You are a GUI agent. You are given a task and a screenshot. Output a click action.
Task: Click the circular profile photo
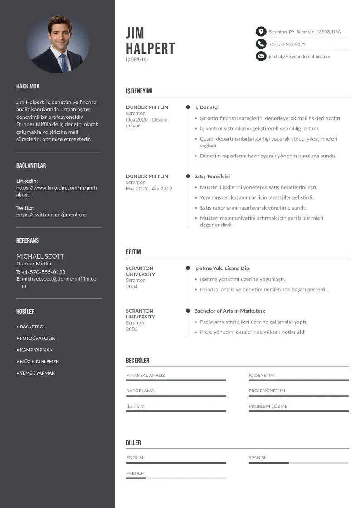[x=58, y=44]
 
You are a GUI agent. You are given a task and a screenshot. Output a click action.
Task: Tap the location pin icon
[x=261, y=32]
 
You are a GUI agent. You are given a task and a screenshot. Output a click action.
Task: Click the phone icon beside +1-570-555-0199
[x=261, y=44]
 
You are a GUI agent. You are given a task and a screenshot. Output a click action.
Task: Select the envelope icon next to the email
[x=261, y=56]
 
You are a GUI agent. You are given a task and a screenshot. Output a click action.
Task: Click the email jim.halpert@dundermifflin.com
[x=299, y=57]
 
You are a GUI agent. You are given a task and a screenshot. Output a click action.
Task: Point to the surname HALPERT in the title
[x=150, y=49]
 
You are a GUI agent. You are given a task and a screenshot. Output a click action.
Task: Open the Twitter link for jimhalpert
[x=52, y=215]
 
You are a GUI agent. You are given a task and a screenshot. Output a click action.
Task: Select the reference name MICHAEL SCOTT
[x=40, y=256]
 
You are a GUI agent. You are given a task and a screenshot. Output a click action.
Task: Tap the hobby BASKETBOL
[x=33, y=327]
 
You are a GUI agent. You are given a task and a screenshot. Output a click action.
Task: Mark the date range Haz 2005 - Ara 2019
[x=149, y=189]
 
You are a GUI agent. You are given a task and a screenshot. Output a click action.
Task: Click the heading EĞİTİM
[x=133, y=252]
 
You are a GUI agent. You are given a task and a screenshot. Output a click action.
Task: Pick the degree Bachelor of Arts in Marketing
[x=229, y=311]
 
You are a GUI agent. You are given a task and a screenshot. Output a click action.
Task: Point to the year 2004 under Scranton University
[x=132, y=287]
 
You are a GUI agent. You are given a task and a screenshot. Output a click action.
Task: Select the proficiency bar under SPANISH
[x=298, y=463]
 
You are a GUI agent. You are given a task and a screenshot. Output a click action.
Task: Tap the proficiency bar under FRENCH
[x=176, y=478]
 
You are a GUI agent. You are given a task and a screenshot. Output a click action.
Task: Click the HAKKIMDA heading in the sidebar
[x=28, y=86]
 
